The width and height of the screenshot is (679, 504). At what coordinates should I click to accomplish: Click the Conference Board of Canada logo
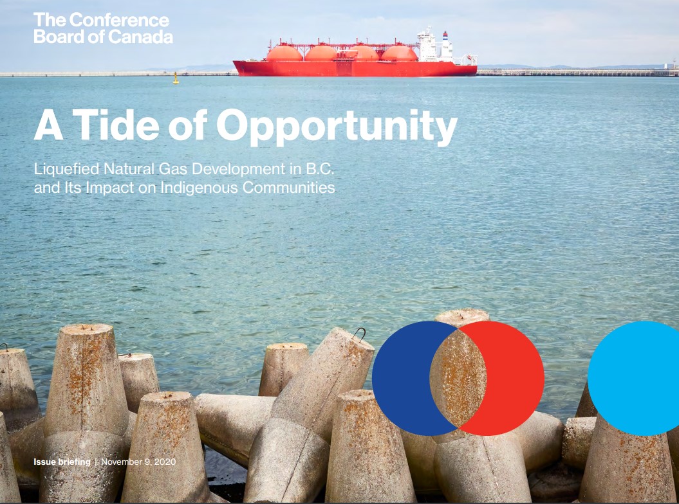click(103, 28)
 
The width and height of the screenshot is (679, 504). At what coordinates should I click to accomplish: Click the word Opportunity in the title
click(337, 127)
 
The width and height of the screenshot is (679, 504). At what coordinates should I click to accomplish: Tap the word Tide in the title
click(116, 125)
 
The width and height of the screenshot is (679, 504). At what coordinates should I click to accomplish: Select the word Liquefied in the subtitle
click(67, 168)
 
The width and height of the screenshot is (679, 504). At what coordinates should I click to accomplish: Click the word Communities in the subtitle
click(289, 187)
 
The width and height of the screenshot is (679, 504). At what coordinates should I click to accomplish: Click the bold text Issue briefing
click(62, 462)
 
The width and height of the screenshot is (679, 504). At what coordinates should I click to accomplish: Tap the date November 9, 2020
click(138, 462)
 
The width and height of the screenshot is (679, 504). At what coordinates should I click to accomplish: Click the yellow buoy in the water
click(175, 78)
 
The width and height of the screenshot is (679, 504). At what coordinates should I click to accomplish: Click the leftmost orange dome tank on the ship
click(284, 53)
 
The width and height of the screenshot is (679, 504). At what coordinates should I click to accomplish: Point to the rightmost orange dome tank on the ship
click(399, 53)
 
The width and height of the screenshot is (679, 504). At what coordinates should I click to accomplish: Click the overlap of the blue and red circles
click(458, 379)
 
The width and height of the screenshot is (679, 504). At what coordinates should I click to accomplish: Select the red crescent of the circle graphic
click(516, 379)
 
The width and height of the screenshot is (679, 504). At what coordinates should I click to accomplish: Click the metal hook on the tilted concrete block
click(359, 333)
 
